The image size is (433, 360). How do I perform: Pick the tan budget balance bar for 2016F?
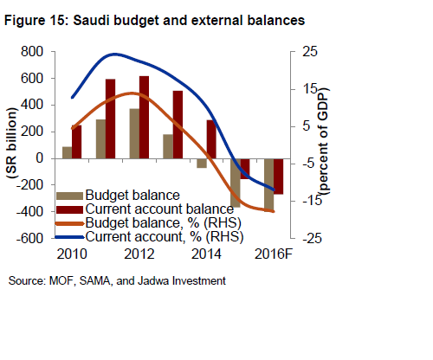tap(269, 183)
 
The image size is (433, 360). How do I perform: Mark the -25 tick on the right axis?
tap(304, 238)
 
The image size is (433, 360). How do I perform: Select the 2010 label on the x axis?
tap(72, 254)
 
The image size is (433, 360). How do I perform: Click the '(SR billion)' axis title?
tap(13, 145)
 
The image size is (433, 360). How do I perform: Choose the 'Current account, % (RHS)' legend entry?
tap(161, 235)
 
